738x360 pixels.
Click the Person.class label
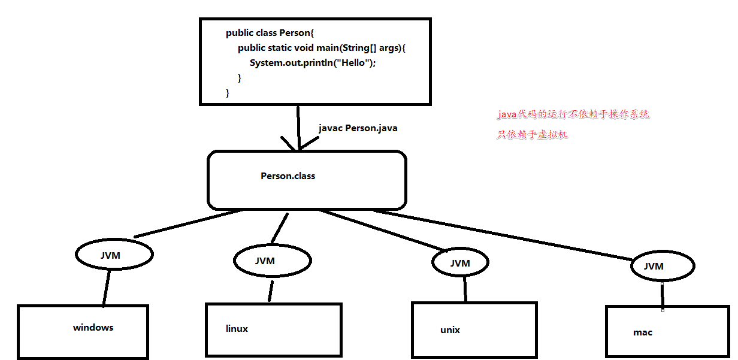point(288,176)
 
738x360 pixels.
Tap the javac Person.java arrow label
point(358,128)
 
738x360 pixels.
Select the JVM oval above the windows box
point(114,255)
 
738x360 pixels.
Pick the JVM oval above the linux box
point(272,261)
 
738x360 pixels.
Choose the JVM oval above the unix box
point(460,263)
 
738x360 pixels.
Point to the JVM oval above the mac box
point(662,266)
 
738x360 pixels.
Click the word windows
point(93,328)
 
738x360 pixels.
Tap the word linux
point(237,329)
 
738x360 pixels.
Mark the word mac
point(642,332)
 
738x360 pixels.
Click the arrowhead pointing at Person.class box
point(298,146)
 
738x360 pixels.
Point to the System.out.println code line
point(312,63)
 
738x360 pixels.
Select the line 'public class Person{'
point(267,33)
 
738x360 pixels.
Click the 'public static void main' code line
point(321,48)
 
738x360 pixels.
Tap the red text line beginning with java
point(573,114)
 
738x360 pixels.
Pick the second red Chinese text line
point(532,135)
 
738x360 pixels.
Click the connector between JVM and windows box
point(106,289)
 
